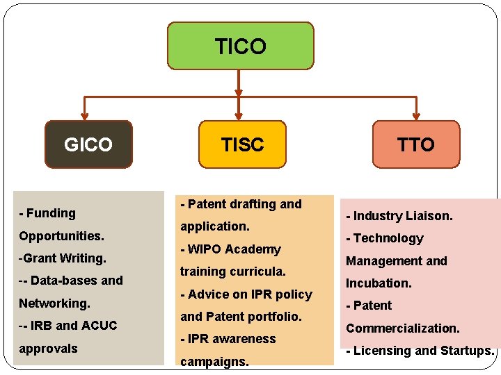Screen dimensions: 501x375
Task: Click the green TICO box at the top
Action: point(241,46)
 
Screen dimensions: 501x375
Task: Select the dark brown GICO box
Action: point(88,144)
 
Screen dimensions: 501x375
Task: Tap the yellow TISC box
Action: point(242,144)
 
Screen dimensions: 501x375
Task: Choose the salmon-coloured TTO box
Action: point(416,144)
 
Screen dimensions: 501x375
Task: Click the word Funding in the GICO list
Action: point(51,213)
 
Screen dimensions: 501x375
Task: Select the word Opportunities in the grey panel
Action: point(61,236)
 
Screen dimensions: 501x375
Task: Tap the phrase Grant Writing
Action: point(64,258)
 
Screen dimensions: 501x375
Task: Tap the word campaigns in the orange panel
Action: point(214,362)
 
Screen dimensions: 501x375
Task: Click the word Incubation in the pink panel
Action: point(379,283)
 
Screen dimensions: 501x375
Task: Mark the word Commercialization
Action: point(403,328)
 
